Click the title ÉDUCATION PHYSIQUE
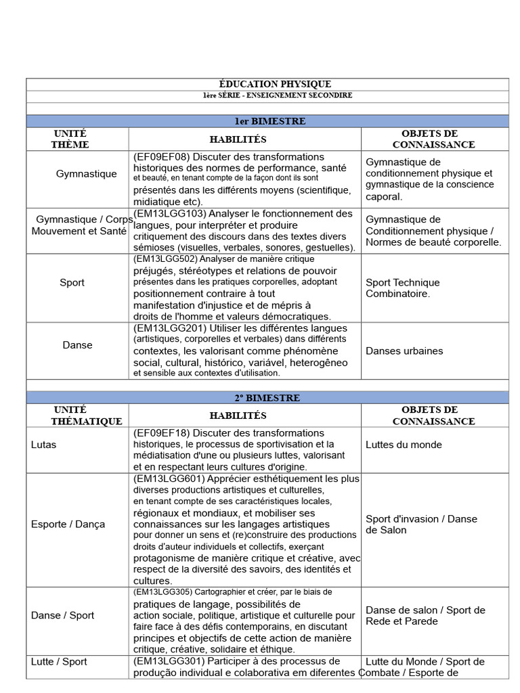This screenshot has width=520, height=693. pyautogui.click(x=267, y=84)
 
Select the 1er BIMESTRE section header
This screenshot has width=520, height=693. pyautogui.click(x=267, y=121)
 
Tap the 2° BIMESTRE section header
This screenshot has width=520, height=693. pyautogui.click(x=267, y=398)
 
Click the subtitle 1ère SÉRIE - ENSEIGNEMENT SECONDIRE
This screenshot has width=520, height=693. pyautogui.click(x=267, y=96)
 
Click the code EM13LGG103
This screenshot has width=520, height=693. pyautogui.click(x=168, y=214)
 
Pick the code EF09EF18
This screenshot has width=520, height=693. pyautogui.click(x=163, y=433)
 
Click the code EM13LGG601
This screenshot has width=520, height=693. pyautogui.click(x=168, y=479)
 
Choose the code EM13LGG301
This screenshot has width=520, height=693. pyautogui.click(x=168, y=661)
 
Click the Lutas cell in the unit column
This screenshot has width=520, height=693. pyautogui.click(x=44, y=445)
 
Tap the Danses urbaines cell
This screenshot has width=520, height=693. pyautogui.click(x=404, y=351)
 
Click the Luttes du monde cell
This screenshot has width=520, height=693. pyautogui.click(x=404, y=445)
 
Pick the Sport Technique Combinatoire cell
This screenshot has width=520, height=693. pyautogui.click(x=402, y=288)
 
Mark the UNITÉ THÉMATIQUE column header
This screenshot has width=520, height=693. pyautogui.click(x=78, y=415)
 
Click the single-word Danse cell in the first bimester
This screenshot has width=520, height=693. pyautogui.click(x=77, y=345)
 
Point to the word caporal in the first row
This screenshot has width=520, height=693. pyautogui.click(x=384, y=197)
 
